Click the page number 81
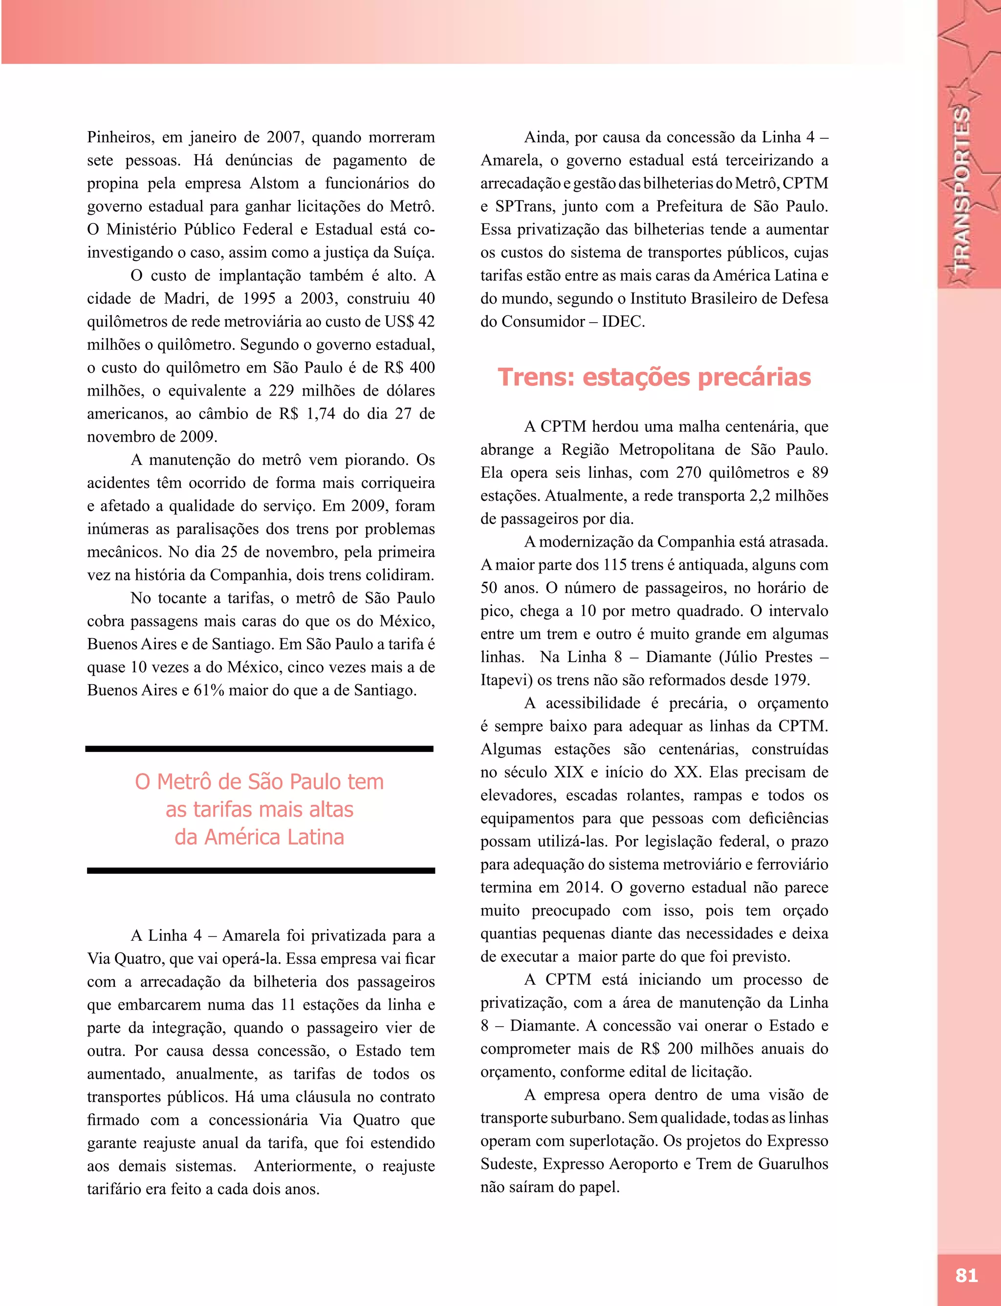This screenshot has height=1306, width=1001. (966, 1275)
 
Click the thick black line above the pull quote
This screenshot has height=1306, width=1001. (259, 749)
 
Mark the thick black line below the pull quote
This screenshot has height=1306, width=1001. (261, 870)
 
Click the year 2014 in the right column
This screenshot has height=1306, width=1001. (583, 887)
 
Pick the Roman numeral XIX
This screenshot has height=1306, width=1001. (568, 773)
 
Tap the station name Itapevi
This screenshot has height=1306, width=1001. (506, 680)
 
